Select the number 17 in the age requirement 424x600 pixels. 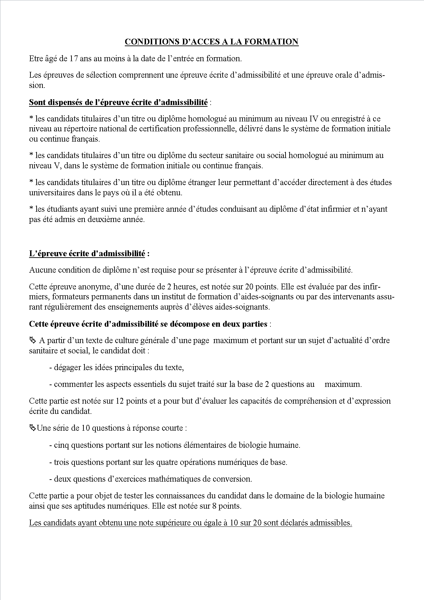[x=74, y=58]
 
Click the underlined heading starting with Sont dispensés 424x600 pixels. [x=118, y=102]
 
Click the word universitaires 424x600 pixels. [x=51, y=193]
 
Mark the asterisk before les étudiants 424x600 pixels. [x=31, y=209]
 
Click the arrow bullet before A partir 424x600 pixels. [x=32, y=340]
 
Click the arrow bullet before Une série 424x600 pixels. [x=32, y=428]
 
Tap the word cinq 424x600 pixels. [x=61, y=445]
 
